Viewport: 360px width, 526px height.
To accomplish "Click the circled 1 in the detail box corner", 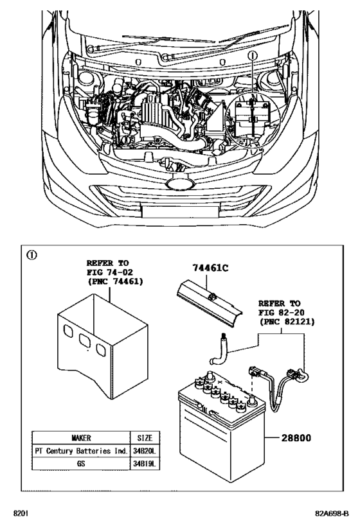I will click(x=30, y=254).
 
